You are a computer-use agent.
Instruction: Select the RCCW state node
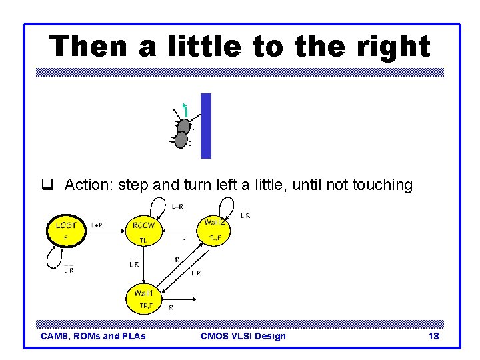tap(144, 231)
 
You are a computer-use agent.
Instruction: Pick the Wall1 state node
tap(145, 298)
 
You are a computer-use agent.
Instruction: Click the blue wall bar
tap(206, 125)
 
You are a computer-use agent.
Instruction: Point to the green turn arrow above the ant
tap(185, 108)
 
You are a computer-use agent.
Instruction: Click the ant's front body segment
tap(184, 125)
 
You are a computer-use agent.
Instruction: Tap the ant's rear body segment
tap(181, 140)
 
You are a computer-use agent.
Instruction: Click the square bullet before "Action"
tap(47, 185)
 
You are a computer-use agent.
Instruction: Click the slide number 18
tap(433, 336)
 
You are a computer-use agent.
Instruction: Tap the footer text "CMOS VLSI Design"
tap(243, 336)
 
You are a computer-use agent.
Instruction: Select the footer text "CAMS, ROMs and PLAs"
tap(93, 336)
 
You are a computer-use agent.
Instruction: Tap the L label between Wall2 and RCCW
tap(184, 237)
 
